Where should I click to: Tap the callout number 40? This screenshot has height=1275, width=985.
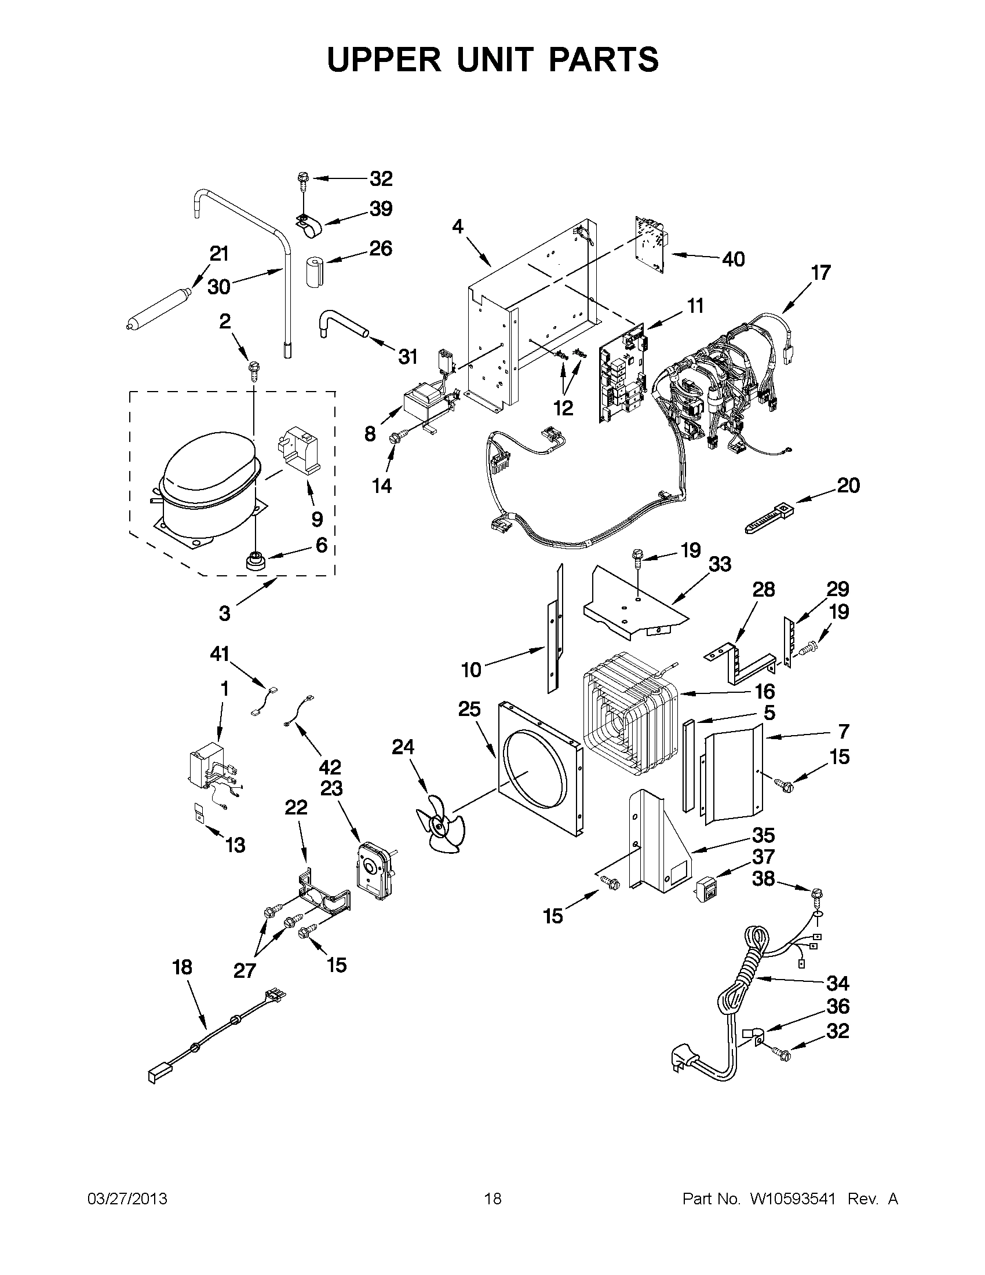click(x=734, y=258)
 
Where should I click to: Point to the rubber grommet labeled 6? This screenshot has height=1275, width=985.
click(x=255, y=560)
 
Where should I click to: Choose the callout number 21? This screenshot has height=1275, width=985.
click(x=219, y=254)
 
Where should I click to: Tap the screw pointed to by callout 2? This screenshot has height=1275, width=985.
click(x=254, y=370)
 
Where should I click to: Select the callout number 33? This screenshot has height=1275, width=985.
click(x=719, y=565)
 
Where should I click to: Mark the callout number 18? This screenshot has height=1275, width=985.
click(x=182, y=967)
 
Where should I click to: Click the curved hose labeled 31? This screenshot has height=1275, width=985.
click(x=342, y=324)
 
